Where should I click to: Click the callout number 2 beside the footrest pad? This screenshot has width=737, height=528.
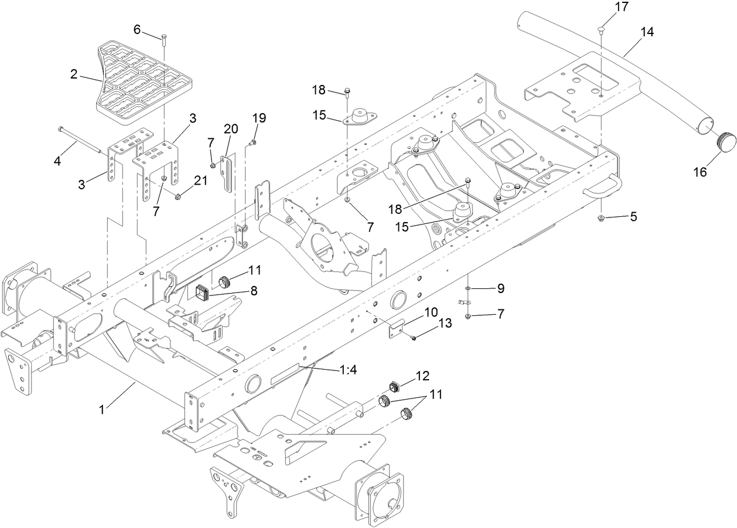point(74,74)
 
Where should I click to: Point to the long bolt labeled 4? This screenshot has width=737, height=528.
point(81,140)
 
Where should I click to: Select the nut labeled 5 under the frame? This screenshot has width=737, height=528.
point(602,218)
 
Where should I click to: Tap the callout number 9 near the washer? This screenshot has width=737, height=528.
point(500,288)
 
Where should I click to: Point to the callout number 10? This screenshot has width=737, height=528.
point(431,312)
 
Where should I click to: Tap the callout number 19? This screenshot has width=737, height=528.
point(259,118)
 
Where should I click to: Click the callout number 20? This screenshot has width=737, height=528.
point(230,130)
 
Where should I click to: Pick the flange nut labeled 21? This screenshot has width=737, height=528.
point(179,195)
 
